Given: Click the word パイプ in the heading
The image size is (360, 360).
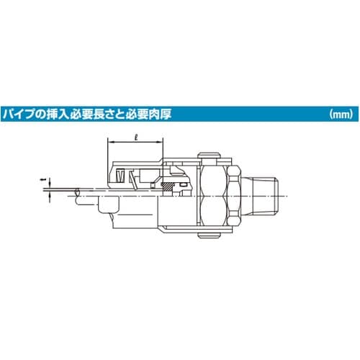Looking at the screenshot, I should [22, 114].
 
